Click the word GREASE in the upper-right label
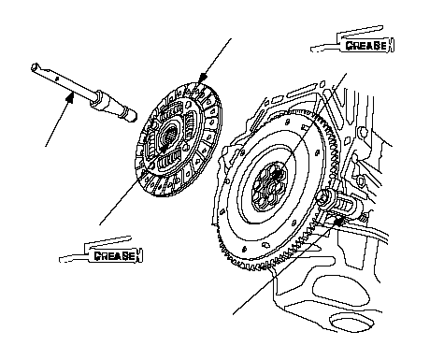(366, 46)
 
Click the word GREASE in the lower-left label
(115, 256)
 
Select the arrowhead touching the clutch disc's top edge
(203, 77)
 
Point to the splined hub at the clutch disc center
(170, 135)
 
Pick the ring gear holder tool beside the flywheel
(338, 203)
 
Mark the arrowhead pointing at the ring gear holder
(338, 222)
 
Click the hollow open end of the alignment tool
(35, 67)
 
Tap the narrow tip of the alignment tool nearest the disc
(132, 116)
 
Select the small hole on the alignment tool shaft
(57, 79)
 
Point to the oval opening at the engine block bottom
(352, 324)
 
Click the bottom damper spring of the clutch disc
(170, 161)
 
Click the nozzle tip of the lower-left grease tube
(61, 259)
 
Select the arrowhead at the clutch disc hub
(164, 149)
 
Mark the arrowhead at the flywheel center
(277, 175)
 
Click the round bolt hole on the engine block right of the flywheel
(363, 131)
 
